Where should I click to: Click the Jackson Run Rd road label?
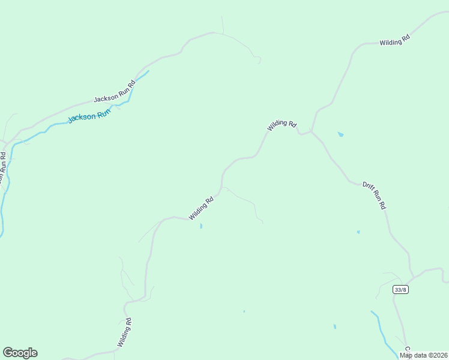point(115,91)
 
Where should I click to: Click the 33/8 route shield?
point(400,290)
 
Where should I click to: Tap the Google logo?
point(20,353)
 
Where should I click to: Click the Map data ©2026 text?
point(424,355)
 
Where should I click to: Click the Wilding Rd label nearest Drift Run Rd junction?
point(282,125)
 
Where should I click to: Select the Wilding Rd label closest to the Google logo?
point(124,332)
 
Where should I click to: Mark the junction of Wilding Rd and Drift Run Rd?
point(311,131)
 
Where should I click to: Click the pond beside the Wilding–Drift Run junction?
point(341,134)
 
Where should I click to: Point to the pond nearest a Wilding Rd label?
point(201,226)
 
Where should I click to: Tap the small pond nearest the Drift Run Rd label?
point(358,232)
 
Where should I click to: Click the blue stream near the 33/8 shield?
point(380,327)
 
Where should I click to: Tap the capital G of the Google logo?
point(8,353)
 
